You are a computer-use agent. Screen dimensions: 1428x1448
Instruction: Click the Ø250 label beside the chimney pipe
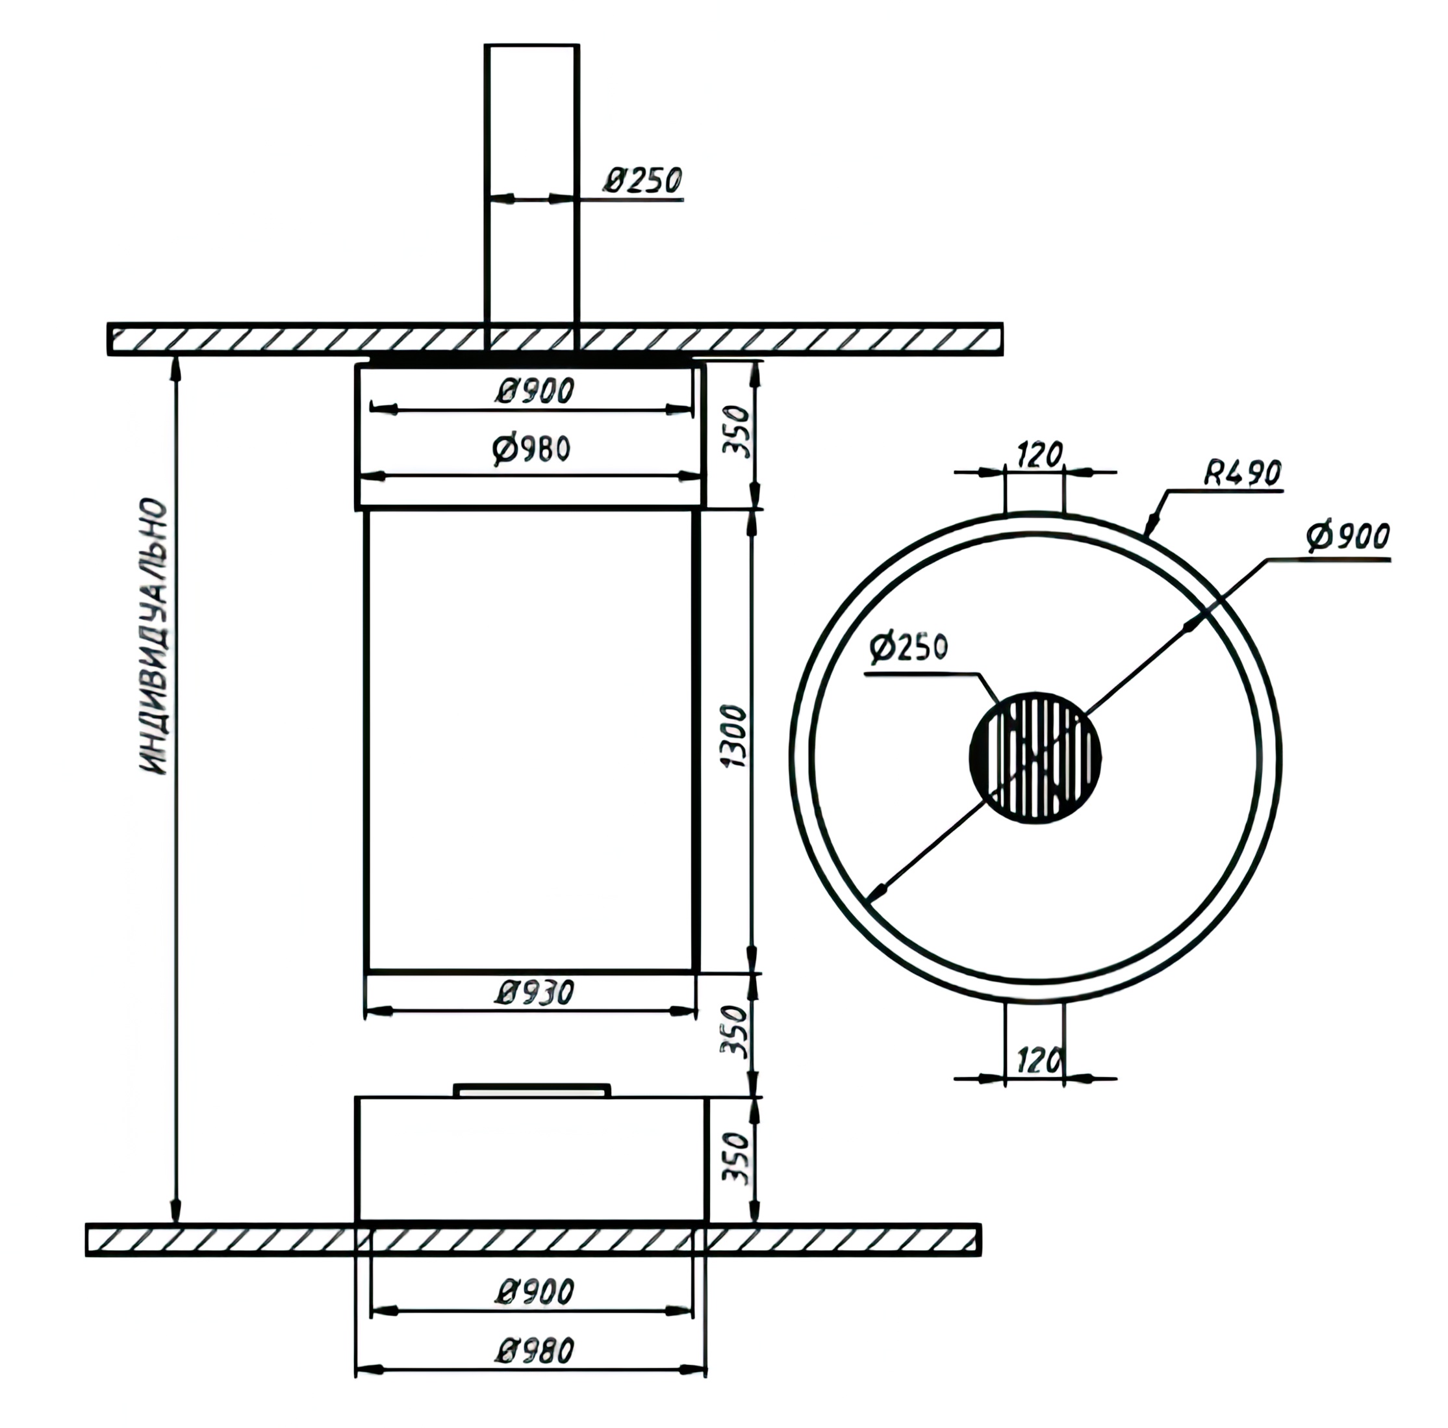click(643, 180)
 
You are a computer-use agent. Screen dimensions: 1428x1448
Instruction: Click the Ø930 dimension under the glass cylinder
click(535, 993)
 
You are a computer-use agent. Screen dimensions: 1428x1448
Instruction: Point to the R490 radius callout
click(1243, 473)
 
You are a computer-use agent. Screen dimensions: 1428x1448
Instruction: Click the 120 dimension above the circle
click(1039, 455)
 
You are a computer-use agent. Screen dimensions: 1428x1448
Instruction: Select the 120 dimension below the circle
click(1039, 1060)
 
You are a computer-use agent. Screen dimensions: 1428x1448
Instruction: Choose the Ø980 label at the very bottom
click(535, 1351)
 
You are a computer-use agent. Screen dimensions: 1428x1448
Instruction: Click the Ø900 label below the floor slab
click(535, 1292)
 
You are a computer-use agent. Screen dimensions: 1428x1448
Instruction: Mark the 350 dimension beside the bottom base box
click(737, 1158)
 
